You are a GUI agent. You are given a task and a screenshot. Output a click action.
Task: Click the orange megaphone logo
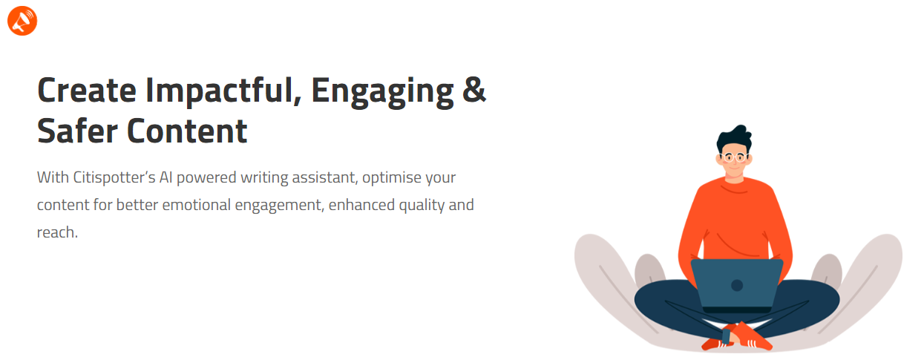click(22, 21)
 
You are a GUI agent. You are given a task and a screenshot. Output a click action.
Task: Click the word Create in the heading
click(87, 91)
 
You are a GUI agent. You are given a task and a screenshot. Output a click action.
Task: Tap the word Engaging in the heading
click(382, 92)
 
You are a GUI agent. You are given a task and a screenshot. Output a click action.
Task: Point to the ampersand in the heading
click(474, 90)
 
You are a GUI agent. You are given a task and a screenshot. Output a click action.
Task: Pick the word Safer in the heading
click(77, 131)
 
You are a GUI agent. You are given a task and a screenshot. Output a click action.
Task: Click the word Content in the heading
click(187, 131)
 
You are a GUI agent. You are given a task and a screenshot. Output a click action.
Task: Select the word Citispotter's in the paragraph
click(114, 177)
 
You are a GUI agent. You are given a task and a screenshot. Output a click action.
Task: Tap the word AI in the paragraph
click(166, 177)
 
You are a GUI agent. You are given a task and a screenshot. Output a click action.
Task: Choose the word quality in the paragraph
click(422, 206)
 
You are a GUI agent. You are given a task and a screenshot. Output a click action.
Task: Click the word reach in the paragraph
click(56, 232)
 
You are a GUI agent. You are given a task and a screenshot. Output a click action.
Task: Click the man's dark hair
click(734, 138)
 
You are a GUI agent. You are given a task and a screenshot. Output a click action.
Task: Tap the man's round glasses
click(734, 157)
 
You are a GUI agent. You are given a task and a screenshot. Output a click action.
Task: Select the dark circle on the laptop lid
click(737, 285)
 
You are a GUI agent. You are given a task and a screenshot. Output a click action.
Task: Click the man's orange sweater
click(735, 223)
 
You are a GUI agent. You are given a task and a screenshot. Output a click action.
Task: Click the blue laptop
click(737, 285)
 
